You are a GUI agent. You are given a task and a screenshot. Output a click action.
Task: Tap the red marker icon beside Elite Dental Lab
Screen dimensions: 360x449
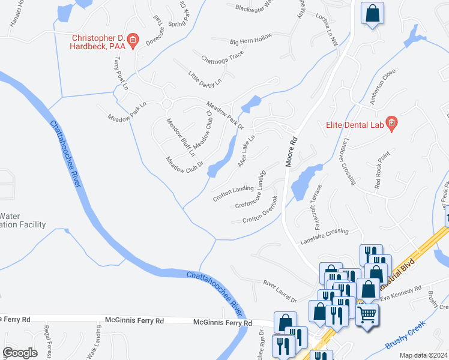click(392, 124)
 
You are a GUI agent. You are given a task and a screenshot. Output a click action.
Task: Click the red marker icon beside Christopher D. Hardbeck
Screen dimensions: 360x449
click(133, 41)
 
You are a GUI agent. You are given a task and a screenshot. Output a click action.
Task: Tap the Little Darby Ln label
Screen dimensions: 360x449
click(205, 77)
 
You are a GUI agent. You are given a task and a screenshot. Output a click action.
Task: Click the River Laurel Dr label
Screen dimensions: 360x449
click(280, 290)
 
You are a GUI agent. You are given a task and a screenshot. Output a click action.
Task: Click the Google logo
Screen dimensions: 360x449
click(19, 352)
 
